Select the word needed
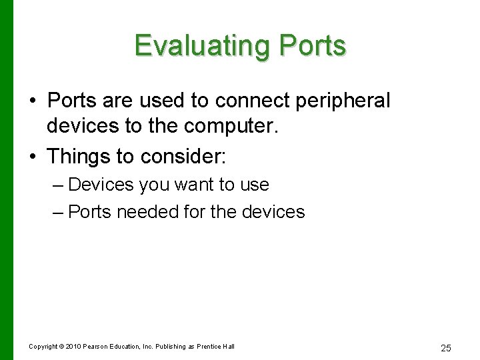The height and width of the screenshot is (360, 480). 145,213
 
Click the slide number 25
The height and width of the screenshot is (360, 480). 446,347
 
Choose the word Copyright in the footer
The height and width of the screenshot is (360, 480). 43,346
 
